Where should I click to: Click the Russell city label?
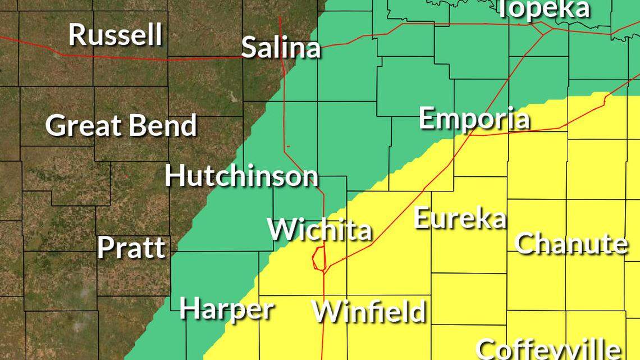point(115,35)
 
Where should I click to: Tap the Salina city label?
point(281,48)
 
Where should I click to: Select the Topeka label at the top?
point(543,9)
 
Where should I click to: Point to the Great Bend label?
point(121,125)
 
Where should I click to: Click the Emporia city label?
point(474,119)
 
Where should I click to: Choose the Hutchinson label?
point(241,176)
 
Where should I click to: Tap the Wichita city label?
point(319,230)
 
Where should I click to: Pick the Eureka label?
point(460,218)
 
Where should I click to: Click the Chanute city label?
point(571,243)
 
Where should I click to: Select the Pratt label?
point(131,248)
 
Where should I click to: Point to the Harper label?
point(227,309)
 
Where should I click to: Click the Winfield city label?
point(369,311)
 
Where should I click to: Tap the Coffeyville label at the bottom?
point(548,349)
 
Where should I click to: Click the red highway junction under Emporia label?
point(470,135)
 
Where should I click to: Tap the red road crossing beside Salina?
point(282,56)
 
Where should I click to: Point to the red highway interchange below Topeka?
point(543,29)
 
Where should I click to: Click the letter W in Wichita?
point(280,230)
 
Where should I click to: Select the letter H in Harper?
point(189,309)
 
